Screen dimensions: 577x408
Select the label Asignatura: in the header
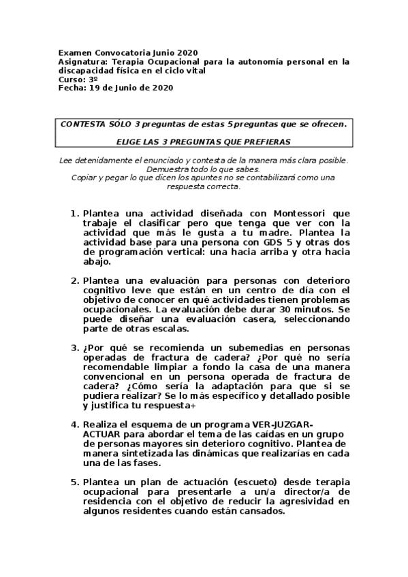[x=84, y=61]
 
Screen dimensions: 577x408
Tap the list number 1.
[x=74, y=214]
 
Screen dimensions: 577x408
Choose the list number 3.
[x=74, y=348]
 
